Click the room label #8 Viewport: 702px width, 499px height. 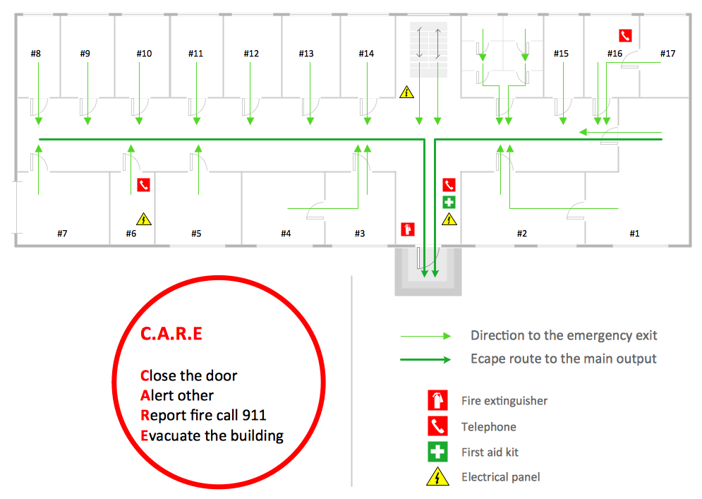(x=36, y=54)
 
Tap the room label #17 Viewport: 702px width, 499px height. (x=667, y=54)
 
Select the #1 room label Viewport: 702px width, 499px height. (x=634, y=234)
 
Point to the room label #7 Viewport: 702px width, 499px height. (x=62, y=234)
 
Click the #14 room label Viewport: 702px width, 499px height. (x=366, y=54)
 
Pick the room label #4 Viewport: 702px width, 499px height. (x=286, y=234)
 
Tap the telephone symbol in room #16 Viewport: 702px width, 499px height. (x=624, y=36)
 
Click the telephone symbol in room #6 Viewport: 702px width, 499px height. (x=144, y=185)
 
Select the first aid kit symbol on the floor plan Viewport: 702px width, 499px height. (x=449, y=203)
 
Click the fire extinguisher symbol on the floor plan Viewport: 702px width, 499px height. (x=407, y=229)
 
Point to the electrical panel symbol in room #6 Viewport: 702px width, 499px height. (x=144, y=220)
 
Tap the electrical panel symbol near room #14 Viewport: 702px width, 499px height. (x=406, y=92)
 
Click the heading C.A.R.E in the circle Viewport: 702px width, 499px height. (x=171, y=334)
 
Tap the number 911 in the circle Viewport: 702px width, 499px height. (x=253, y=415)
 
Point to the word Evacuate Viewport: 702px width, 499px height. (x=171, y=435)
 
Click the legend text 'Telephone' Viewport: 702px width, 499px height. (x=488, y=427)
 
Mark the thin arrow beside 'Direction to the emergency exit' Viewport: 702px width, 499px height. (x=425, y=336)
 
